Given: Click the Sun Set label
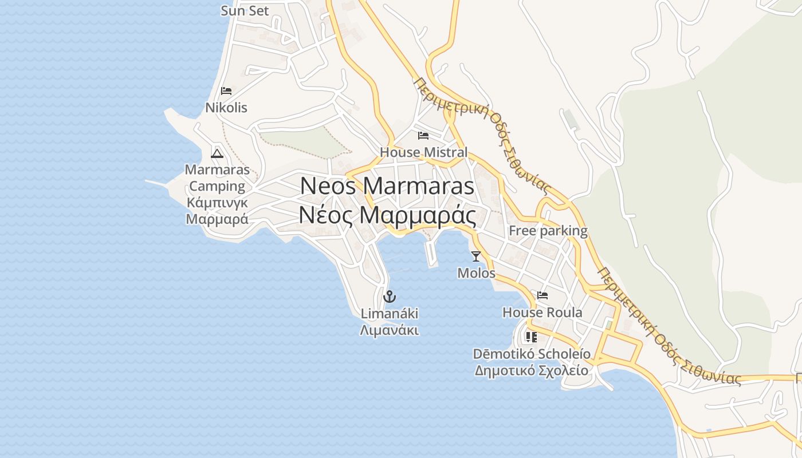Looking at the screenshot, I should pyautogui.click(x=245, y=11).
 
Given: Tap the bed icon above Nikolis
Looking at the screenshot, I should pyautogui.click(x=226, y=91).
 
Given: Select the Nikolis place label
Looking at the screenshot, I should pyautogui.click(x=226, y=108).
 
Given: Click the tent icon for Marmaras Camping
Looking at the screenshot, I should pyautogui.click(x=217, y=153).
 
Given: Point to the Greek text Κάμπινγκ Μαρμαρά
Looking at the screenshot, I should pyautogui.click(x=217, y=211).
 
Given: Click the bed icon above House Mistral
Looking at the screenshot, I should pyautogui.click(x=423, y=136).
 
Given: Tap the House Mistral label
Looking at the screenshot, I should pyautogui.click(x=423, y=153).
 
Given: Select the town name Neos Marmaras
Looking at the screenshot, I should pyautogui.click(x=387, y=186).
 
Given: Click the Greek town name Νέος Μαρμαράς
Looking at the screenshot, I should pyautogui.click(x=387, y=216).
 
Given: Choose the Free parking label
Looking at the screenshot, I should pyautogui.click(x=548, y=231).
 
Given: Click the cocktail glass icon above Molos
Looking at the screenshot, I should pyautogui.click(x=476, y=256).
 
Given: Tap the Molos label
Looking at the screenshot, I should pyautogui.click(x=476, y=273).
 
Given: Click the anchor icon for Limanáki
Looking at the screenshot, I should pyautogui.click(x=389, y=297).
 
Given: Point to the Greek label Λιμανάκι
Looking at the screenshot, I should pyautogui.click(x=389, y=330).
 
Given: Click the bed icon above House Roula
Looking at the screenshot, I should pyautogui.click(x=542, y=295).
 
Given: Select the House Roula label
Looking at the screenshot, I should pyautogui.click(x=542, y=313).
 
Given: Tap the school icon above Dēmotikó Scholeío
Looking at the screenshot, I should pyautogui.click(x=531, y=337).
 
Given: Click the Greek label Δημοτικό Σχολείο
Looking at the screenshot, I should pyautogui.click(x=531, y=370).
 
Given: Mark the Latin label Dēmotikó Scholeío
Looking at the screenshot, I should pyautogui.click(x=531, y=354).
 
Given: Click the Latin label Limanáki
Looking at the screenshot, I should pyautogui.click(x=389, y=314).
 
